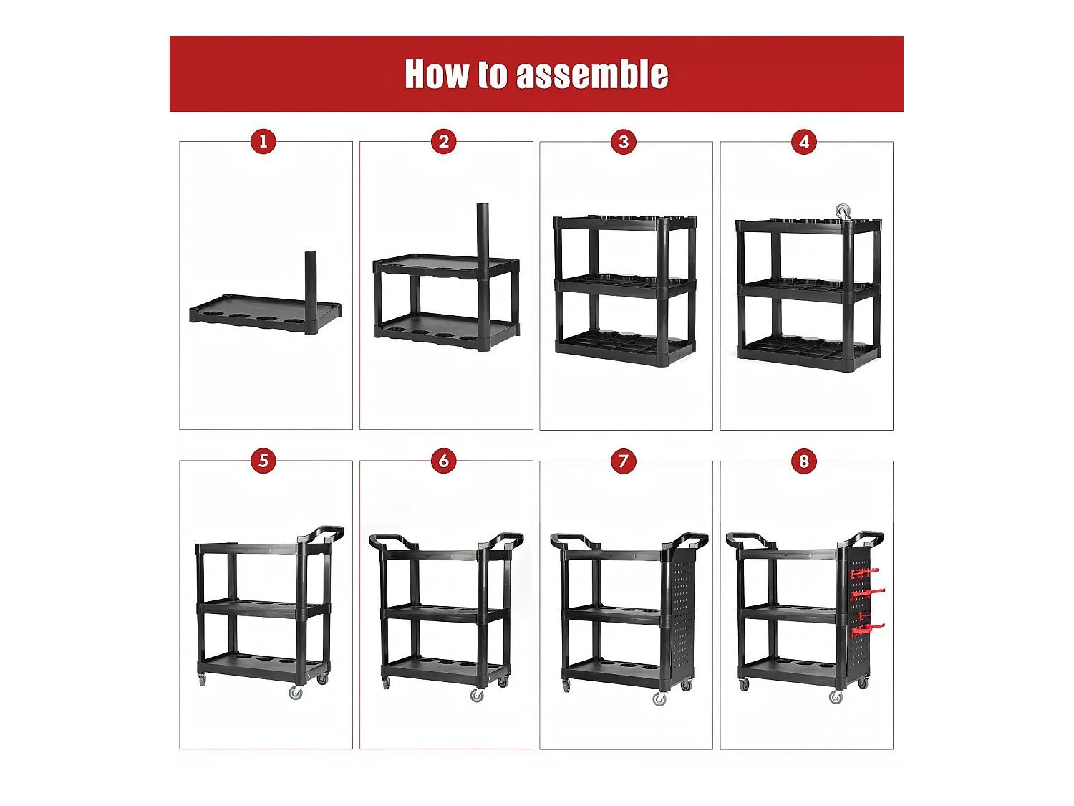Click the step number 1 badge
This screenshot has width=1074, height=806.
[x=263, y=141]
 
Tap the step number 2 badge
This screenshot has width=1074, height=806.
[x=443, y=141]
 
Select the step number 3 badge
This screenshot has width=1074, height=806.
[x=624, y=142]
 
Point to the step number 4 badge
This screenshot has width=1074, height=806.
[x=804, y=142]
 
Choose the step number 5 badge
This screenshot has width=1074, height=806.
[x=263, y=461]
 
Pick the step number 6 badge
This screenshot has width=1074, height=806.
[x=443, y=461]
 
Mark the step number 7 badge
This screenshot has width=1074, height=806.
[x=624, y=461]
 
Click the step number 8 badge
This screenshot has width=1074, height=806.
[x=804, y=461]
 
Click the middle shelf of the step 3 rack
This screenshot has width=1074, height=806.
[x=624, y=287]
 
